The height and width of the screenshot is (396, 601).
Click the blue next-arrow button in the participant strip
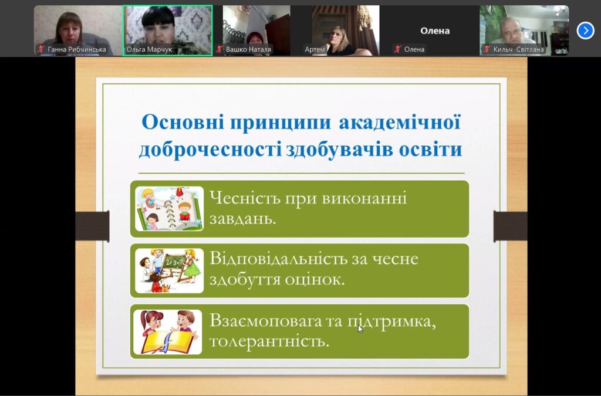tap(585, 31)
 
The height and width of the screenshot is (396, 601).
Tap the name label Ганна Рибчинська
tap(77, 49)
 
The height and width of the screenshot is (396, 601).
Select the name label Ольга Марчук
tap(149, 49)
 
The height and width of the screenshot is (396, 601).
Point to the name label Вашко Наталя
tap(248, 49)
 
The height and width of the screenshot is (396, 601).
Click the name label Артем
tap(315, 49)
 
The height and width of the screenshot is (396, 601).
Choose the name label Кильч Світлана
tap(518, 49)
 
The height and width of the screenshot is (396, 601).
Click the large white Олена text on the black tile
tap(435, 31)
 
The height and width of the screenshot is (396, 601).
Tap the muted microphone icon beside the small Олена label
tap(397, 49)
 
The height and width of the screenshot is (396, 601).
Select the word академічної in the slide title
tap(400, 123)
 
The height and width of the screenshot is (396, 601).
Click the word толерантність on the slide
tap(269, 341)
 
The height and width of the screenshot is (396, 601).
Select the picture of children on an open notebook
tap(169, 209)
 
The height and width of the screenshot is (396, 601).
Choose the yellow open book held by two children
tap(168, 341)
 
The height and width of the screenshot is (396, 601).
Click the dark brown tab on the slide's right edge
tap(510, 226)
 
